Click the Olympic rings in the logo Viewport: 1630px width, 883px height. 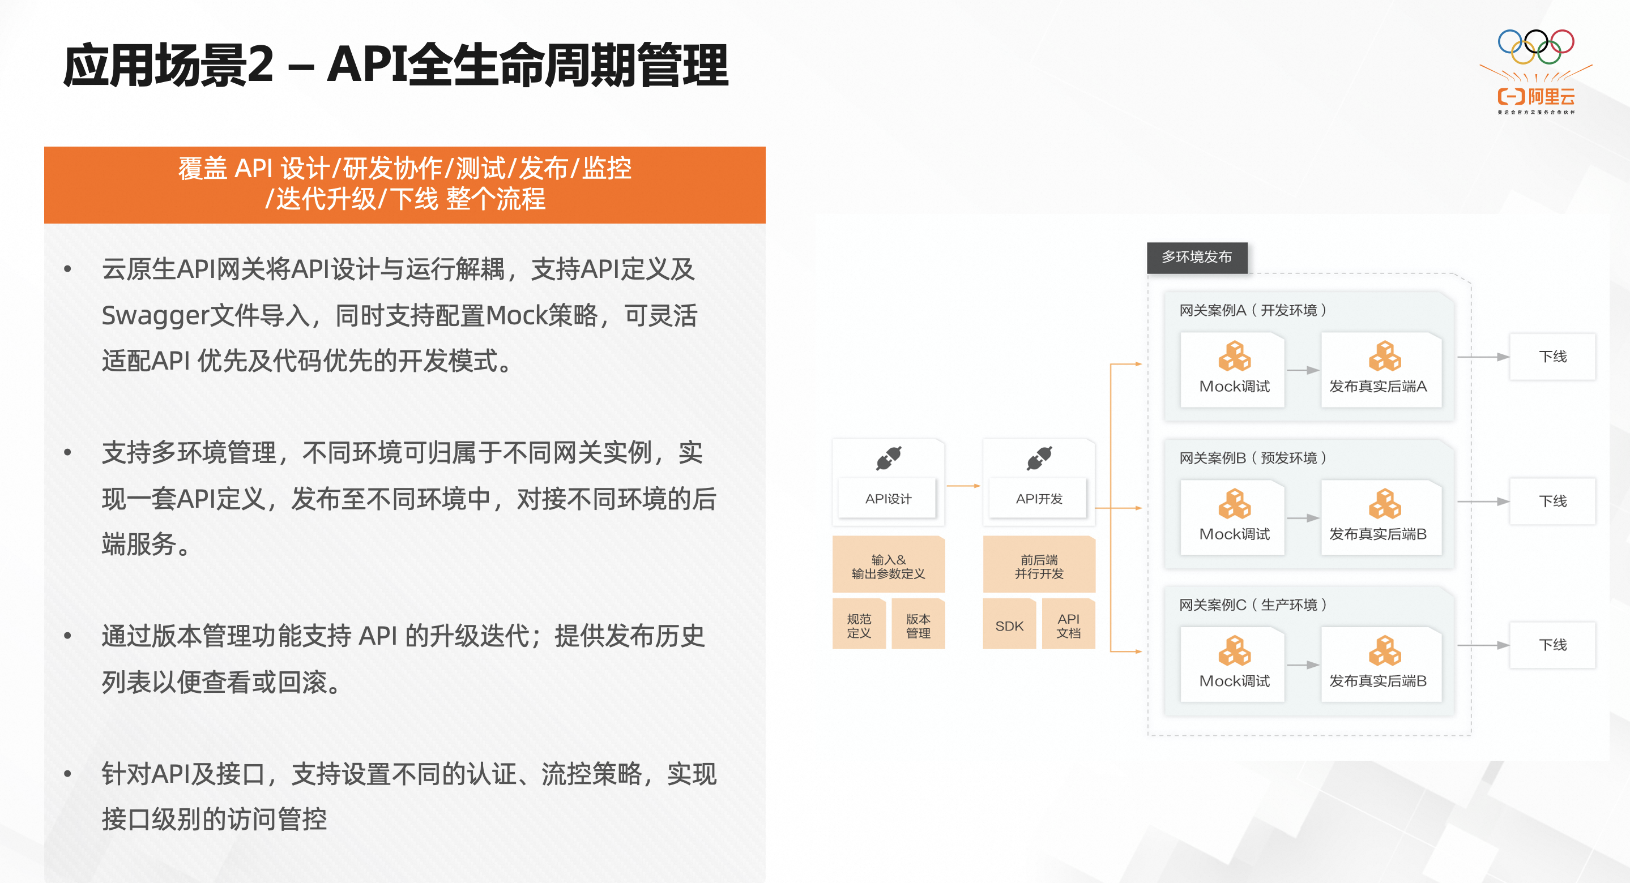click(x=1536, y=47)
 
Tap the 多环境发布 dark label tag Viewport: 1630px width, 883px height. click(x=1197, y=258)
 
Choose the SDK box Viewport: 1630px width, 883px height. click(x=1009, y=625)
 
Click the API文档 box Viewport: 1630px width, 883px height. click(x=1069, y=625)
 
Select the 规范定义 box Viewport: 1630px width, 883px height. click(x=859, y=625)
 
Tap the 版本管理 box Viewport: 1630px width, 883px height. click(x=918, y=625)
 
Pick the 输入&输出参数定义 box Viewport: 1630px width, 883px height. click(x=889, y=566)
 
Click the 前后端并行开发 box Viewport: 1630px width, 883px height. click(x=1039, y=566)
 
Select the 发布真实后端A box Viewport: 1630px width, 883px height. click(x=1381, y=370)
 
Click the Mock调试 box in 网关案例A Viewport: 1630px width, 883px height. click(x=1232, y=370)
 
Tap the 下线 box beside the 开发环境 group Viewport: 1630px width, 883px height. click(x=1553, y=357)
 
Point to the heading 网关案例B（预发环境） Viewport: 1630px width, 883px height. click(x=1253, y=457)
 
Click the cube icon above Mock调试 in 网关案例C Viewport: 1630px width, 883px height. click(x=1235, y=651)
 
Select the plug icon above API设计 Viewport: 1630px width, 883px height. click(x=889, y=458)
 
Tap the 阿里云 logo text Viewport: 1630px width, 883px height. click(x=1551, y=97)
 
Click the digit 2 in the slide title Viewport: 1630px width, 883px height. click(x=260, y=65)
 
